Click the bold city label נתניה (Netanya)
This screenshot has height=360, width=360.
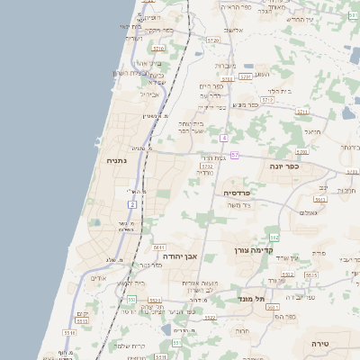click(x=116, y=161)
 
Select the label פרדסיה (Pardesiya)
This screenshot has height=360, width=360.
click(x=243, y=193)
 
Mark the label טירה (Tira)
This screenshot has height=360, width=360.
click(x=320, y=344)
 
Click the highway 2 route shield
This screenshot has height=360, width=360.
click(x=131, y=205)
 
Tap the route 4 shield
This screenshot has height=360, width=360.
click(x=223, y=138)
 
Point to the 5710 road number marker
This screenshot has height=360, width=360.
click(x=158, y=49)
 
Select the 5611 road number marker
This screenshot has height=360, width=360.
click(x=159, y=247)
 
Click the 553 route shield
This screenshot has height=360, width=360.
click(x=130, y=299)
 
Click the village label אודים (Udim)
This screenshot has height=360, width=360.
click(x=99, y=278)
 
